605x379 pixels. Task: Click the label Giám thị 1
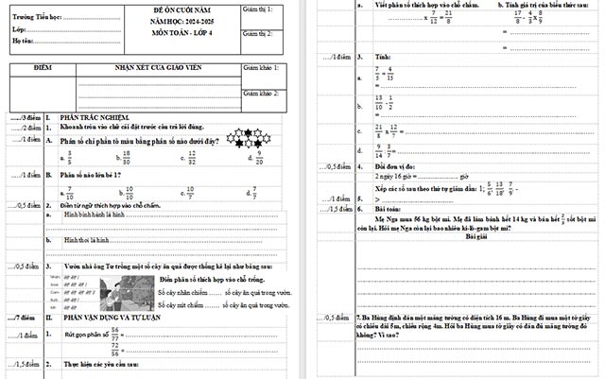tap(258, 9)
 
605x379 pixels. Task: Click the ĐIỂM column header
tap(43, 69)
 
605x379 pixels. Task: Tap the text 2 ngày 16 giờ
tap(397, 177)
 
